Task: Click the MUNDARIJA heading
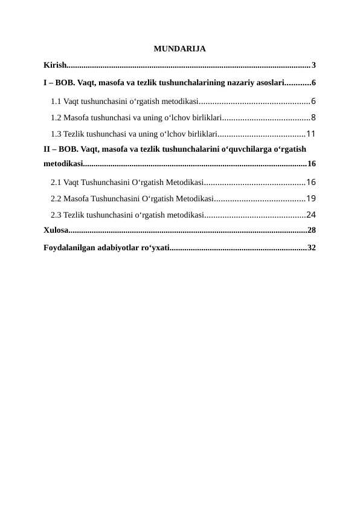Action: click(x=180, y=48)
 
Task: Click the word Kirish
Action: click(x=54, y=65)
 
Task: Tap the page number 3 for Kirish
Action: click(x=314, y=65)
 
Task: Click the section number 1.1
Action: click(x=56, y=101)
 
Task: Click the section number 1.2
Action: click(x=56, y=117)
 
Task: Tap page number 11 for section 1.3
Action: click(x=312, y=134)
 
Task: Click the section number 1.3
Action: click(x=56, y=134)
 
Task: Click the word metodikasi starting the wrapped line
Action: click(x=63, y=163)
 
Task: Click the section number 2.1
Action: click(x=56, y=181)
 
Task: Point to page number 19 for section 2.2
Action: click(x=312, y=198)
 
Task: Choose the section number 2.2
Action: click(x=56, y=198)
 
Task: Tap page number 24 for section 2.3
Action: click(x=312, y=214)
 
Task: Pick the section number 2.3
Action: click(x=56, y=214)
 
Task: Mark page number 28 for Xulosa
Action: click(x=312, y=230)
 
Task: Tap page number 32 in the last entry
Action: click(x=312, y=247)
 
